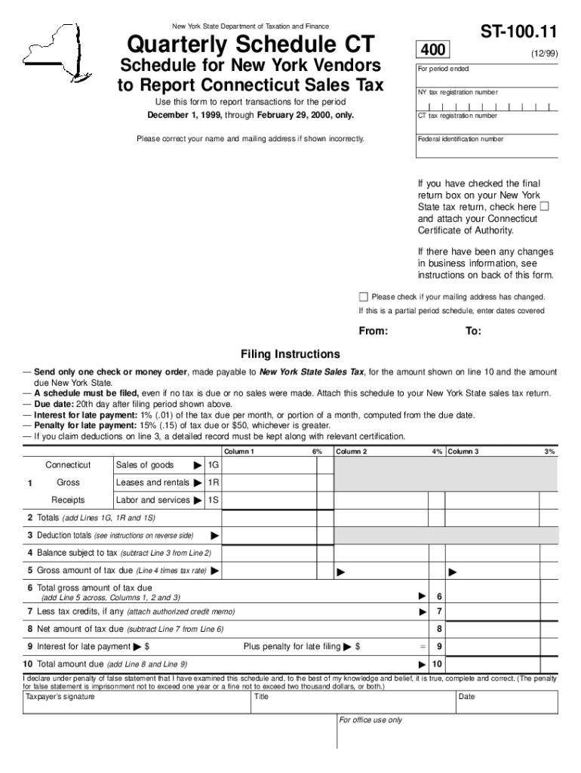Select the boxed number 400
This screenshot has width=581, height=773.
pyautogui.click(x=433, y=51)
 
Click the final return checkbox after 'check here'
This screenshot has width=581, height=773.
pyautogui.click(x=545, y=206)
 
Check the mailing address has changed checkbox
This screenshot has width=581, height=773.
pyautogui.click(x=364, y=297)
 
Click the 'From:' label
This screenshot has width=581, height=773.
pyautogui.click(x=373, y=331)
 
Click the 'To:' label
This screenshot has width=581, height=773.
pyautogui.click(x=473, y=331)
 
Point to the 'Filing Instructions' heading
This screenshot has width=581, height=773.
pyautogui.click(x=290, y=354)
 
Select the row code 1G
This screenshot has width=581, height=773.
pyautogui.click(x=214, y=465)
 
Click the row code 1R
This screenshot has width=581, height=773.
pyautogui.click(x=214, y=482)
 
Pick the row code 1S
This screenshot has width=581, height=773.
pyautogui.click(x=214, y=500)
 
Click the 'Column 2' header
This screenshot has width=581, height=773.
pyautogui.click(x=352, y=451)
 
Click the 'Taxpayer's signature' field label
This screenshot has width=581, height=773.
pyautogui.click(x=60, y=697)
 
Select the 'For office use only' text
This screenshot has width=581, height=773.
pyautogui.click(x=370, y=720)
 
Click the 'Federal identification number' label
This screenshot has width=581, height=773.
pyautogui.click(x=460, y=139)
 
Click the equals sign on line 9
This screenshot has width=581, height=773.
pyautogui.click(x=423, y=647)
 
